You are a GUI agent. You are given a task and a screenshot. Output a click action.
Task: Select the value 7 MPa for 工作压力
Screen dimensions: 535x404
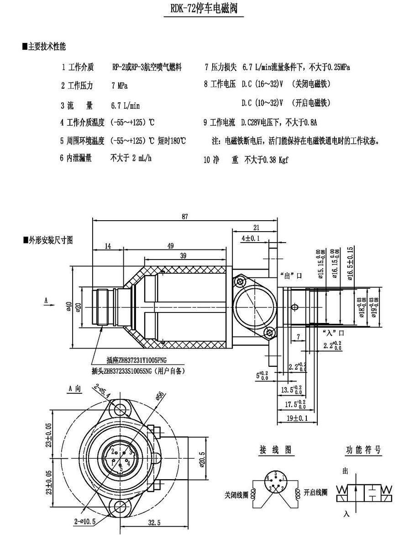119,85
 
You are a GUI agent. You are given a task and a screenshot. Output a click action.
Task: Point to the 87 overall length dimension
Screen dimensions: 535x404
184,217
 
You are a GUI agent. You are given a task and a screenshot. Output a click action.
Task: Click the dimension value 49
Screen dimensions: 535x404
170,246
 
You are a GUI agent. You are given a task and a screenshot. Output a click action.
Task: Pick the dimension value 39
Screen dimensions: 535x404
182,256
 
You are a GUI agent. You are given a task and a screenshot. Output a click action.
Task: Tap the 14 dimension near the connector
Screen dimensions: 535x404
108,246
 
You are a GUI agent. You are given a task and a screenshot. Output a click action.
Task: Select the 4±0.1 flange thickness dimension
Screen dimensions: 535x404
251,238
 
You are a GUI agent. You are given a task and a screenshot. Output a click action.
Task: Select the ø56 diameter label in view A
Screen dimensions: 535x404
159,396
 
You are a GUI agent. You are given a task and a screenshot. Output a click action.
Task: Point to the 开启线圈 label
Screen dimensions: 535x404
315,493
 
